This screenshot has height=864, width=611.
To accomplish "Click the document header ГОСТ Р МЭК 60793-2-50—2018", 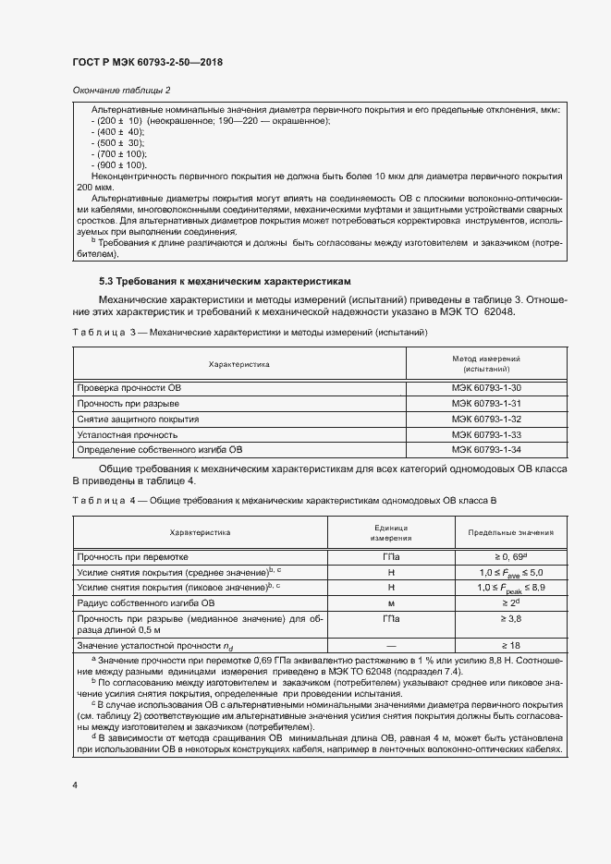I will pos(148,63).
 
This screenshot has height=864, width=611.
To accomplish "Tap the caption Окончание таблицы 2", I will pos(121,90).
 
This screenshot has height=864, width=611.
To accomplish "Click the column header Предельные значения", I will pos(510,533).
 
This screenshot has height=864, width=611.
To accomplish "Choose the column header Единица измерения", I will pos(391,533).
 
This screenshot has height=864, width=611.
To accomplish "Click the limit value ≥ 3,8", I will pos(510,618).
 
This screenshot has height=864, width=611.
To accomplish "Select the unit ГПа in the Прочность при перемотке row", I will pos(391,558).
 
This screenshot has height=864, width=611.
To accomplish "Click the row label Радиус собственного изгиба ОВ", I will pos(146,602).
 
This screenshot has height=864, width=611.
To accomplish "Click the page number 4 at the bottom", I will pos(74,785).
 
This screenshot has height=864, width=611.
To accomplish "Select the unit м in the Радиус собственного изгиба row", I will pos(391,602).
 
